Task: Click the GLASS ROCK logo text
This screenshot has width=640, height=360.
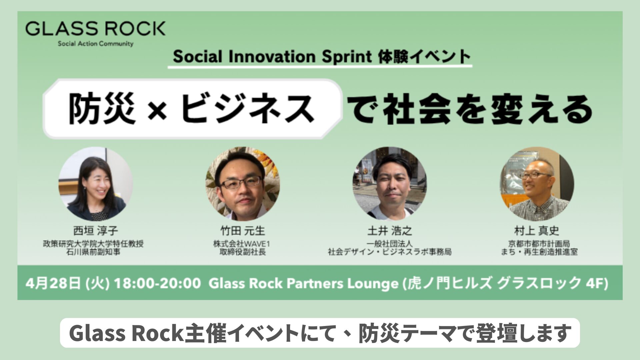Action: pos(95,29)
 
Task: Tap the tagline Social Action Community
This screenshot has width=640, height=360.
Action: pos(95,44)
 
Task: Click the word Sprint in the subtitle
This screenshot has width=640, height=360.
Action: pos(347,57)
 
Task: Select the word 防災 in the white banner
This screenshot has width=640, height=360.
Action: pos(102,109)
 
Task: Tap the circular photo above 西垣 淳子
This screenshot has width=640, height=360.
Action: pos(96,184)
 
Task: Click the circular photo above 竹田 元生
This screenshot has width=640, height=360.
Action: pos(242,184)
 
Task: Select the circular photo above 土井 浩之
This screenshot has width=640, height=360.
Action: pos(390,184)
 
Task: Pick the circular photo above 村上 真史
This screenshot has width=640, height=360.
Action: pos(537,184)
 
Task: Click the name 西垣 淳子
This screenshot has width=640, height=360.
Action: pos(96,231)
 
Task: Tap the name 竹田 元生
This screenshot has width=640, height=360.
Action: pos(243,231)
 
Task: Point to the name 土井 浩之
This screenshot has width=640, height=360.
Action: pos(390,231)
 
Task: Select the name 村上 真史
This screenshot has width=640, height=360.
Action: pos(537,231)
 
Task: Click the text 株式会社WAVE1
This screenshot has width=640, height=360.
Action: pos(241,244)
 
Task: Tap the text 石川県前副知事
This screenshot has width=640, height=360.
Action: pos(93,252)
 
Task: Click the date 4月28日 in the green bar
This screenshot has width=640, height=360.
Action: pos(54,284)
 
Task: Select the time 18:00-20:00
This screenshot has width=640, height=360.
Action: pos(157,284)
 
